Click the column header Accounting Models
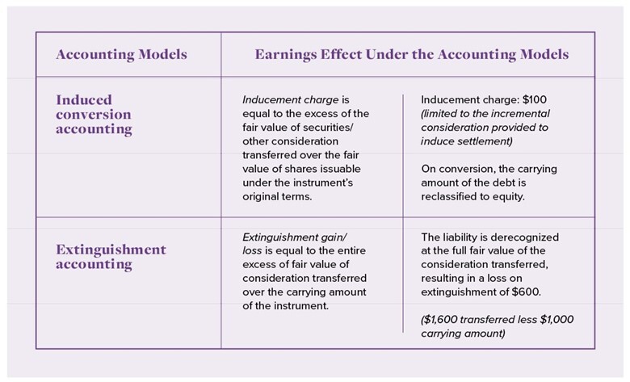[120, 55]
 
